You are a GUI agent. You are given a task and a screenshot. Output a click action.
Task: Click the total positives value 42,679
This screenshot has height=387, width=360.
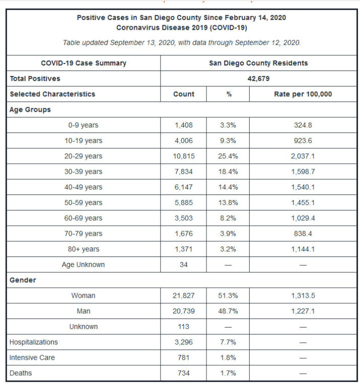(x=258, y=79)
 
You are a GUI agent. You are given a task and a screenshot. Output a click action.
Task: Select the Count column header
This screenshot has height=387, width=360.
(x=183, y=94)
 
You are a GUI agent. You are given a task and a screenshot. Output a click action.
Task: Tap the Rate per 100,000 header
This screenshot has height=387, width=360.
(x=303, y=94)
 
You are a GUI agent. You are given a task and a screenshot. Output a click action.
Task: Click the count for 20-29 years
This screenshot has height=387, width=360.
(x=183, y=156)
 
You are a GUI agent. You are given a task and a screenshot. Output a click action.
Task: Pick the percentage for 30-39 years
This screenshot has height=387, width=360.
(x=228, y=172)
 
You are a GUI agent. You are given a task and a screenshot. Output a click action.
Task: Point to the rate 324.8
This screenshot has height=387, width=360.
(x=303, y=125)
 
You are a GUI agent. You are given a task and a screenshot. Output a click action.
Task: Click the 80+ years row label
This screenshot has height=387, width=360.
(x=83, y=249)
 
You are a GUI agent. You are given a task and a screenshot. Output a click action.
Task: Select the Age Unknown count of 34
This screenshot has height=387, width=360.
(x=183, y=265)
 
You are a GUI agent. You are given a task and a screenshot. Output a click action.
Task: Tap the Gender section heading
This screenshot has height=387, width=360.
(x=23, y=280)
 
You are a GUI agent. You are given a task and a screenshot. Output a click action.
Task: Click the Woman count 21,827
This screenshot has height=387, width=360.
(x=183, y=296)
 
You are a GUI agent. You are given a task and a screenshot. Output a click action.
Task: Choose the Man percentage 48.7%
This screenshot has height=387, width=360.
(x=228, y=311)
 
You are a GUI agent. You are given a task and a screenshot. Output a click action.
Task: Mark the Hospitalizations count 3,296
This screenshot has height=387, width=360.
(x=183, y=342)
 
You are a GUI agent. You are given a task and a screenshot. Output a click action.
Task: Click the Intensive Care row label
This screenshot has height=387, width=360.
(x=32, y=358)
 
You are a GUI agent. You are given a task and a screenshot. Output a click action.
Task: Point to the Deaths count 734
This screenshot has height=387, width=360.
(x=183, y=373)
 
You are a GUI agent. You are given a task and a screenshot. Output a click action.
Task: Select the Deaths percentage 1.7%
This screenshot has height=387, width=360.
(x=228, y=373)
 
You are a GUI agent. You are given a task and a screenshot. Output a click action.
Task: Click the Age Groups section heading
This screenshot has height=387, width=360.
(x=30, y=109)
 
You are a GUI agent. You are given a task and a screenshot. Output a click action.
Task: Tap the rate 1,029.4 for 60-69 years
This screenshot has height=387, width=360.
(x=303, y=218)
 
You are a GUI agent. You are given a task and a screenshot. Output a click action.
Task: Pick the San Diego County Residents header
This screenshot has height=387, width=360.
(x=258, y=63)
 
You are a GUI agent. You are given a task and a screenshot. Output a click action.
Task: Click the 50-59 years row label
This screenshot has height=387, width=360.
(x=83, y=203)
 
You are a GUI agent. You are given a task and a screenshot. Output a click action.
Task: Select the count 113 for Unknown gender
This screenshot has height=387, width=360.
(x=183, y=327)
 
